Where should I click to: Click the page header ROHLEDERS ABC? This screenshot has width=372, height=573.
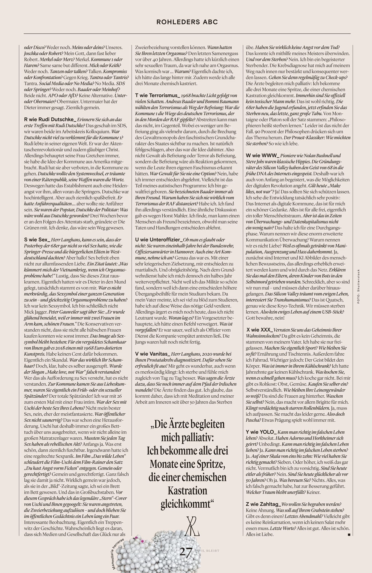(187, 22)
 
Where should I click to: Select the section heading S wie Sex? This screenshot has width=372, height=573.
(37, 240)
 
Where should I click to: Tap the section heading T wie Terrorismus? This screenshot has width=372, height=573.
(157, 94)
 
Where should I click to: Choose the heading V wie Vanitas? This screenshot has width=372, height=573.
(152, 354)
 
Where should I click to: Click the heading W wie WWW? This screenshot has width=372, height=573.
(263, 155)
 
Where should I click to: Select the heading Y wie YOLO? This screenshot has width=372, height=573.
(260, 432)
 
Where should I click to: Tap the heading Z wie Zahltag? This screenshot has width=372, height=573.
(263, 504)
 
